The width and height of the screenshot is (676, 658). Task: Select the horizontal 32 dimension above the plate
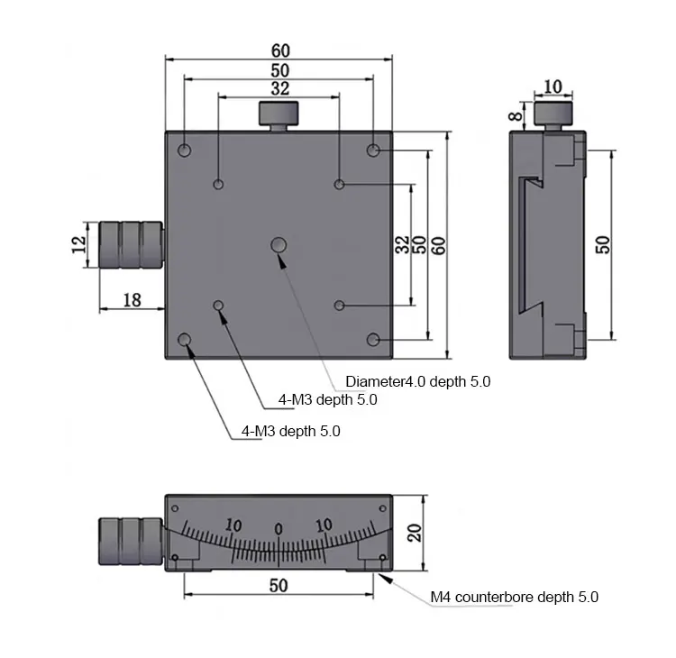(x=280, y=88)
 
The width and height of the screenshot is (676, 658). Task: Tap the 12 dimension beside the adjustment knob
(x=79, y=243)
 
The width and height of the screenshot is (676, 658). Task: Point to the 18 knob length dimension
(x=132, y=300)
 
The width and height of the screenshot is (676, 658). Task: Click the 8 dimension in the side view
(x=515, y=114)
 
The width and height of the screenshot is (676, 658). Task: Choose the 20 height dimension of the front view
(x=414, y=533)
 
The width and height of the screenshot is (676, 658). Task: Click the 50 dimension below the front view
(x=279, y=585)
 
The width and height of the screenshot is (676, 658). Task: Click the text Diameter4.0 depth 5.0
(x=418, y=381)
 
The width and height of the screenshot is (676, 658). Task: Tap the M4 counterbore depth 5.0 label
(x=514, y=597)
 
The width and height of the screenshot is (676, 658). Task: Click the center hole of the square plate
(x=279, y=244)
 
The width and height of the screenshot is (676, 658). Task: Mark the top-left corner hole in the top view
(x=185, y=150)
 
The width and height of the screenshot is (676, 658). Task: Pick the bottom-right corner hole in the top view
(x=373, y=339)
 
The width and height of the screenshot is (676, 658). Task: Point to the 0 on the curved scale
(x=279, y=528)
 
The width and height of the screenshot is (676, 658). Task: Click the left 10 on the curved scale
(x=233, y=525)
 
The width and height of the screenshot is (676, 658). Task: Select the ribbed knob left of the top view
(x=130, y=244)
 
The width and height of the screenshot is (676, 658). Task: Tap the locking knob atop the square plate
(x=279, y=115)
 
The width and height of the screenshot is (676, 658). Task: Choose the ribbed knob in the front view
(x=130, y=542)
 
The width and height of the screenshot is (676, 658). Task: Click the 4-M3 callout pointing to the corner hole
(x=291, y=431)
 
